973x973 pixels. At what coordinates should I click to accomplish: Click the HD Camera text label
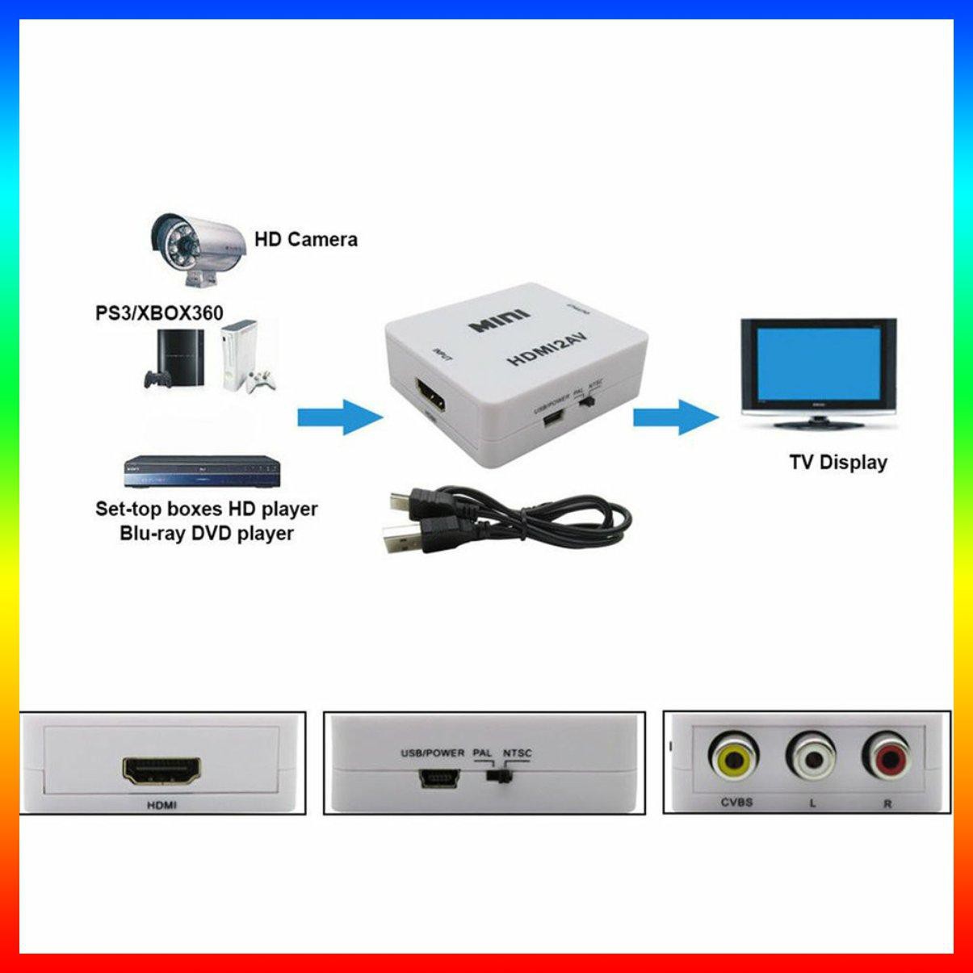point(305,239)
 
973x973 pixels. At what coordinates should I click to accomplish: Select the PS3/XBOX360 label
point(159,312)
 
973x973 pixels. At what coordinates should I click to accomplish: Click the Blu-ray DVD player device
point(203,472)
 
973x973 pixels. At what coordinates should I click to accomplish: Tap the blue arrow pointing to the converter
point(338,417)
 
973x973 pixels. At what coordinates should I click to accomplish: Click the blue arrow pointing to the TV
point(674,417)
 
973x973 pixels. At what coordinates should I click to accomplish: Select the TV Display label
point(837,463)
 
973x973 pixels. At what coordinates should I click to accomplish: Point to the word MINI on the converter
point(500,321)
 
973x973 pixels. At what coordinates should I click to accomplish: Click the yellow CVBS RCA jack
point(734,757)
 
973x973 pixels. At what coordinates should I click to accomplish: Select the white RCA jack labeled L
point(811,757)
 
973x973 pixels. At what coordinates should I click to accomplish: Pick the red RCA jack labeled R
point(887,757)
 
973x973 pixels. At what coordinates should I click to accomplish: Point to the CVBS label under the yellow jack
point(736,803)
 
